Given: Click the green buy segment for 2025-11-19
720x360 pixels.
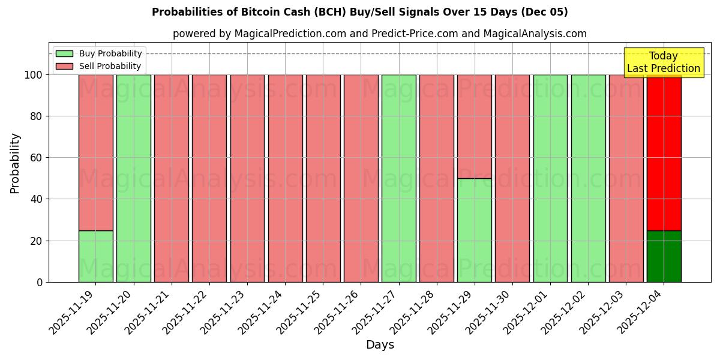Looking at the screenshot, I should [95, 256].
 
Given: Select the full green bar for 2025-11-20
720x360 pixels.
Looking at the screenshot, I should [133, 178].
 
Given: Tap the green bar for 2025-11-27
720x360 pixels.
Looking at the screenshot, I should [398, 178].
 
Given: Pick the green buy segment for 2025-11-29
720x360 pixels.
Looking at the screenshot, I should [474, 230].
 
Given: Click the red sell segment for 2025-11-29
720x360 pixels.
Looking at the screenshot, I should [474, 127].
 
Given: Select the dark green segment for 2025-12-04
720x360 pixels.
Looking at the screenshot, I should [664, 256].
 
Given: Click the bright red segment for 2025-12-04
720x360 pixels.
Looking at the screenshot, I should [664, 152].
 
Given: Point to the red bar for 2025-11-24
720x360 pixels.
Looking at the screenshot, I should [285, 178].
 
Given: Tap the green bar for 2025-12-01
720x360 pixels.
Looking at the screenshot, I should [550, 178].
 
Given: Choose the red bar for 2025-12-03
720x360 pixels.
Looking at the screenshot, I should [626, 178].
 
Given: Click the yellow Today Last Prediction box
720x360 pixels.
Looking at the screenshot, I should [664, 62].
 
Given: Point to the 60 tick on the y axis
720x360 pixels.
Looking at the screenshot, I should [38, 158].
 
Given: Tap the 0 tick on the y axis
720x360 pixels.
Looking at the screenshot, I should [40, 282].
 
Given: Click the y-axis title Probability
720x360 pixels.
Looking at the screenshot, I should [15, 163].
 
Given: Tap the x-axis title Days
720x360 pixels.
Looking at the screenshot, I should [380, 345].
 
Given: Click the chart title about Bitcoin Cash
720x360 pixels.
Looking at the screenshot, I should [360, 12].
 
